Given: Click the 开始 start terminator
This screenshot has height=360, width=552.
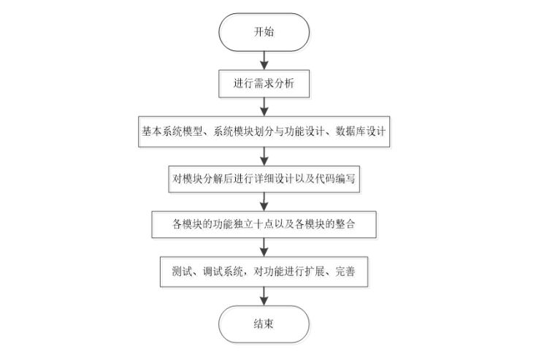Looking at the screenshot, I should tap(264, 33).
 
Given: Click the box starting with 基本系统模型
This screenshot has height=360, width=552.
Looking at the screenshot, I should tap(264, 131).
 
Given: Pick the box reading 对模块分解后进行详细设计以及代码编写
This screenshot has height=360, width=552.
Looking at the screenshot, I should tap(264, 177).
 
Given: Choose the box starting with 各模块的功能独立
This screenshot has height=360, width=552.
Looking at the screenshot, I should tap(264, 224).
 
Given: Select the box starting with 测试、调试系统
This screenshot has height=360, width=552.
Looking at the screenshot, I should tap(264, 272).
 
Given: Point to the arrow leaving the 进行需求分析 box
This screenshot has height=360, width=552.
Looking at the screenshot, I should tap(264, 107).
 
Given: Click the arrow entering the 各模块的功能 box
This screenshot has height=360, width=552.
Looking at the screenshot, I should tap(264, 201).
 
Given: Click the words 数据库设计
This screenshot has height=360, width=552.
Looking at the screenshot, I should tap(364, 131).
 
